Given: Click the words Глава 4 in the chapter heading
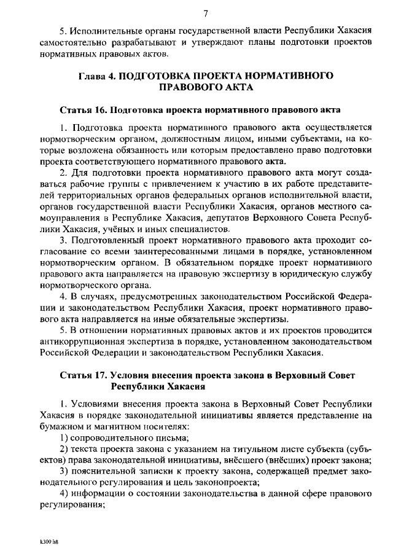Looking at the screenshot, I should click(x=97, y=76).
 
